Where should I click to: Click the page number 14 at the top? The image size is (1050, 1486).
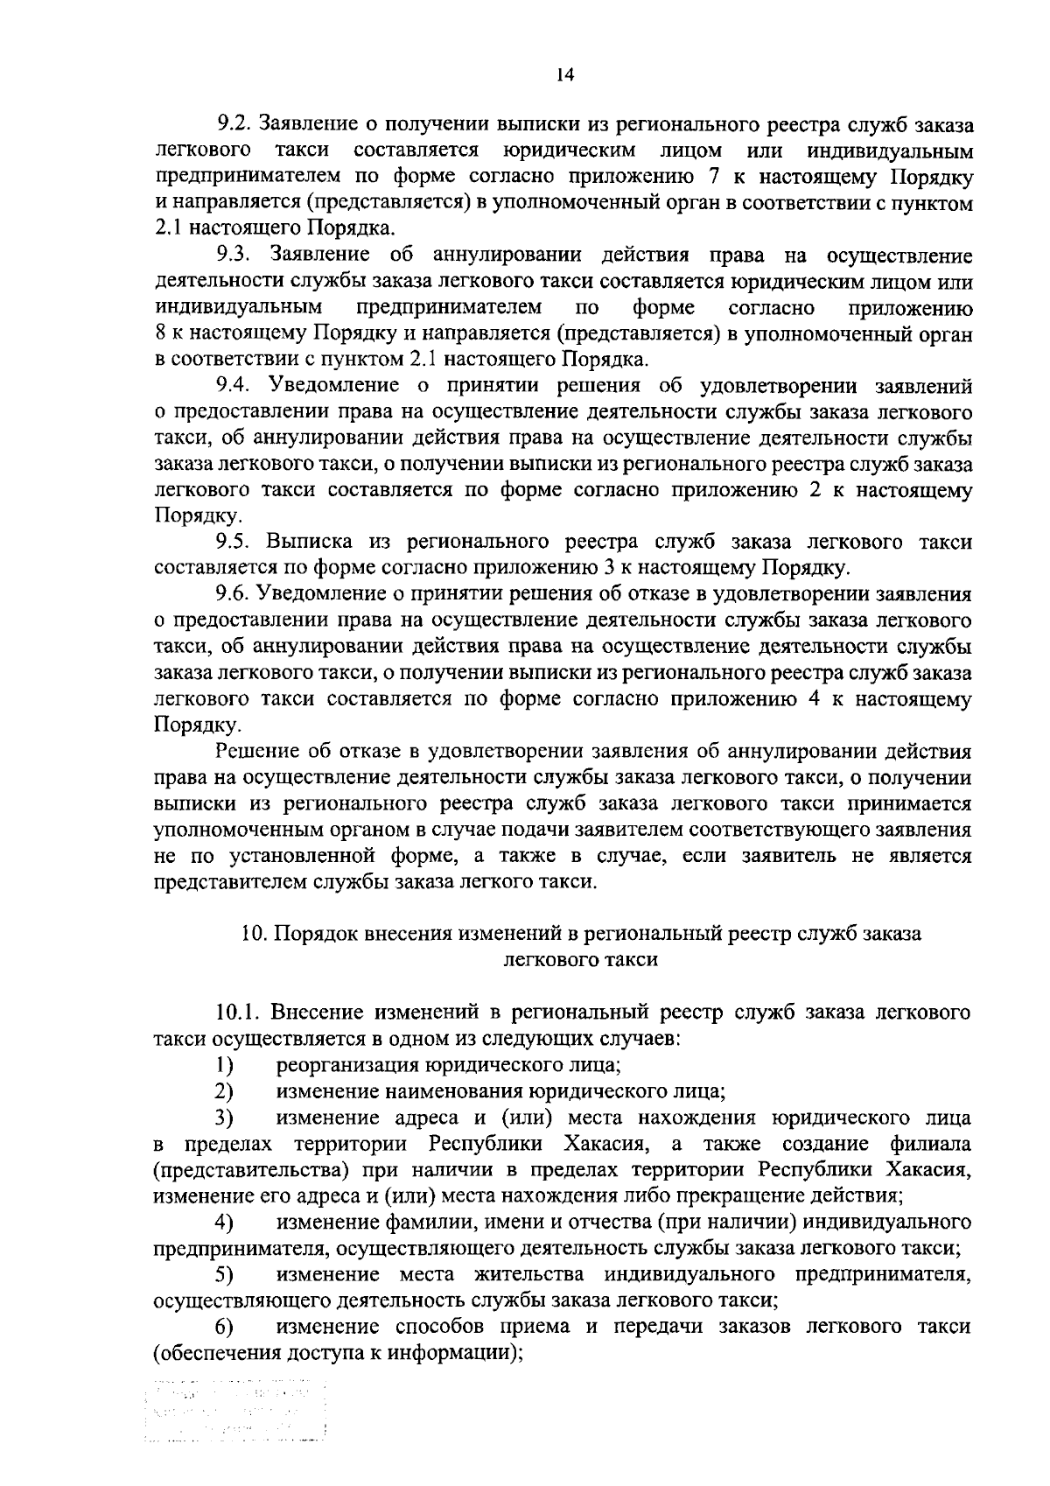tap(564, 76)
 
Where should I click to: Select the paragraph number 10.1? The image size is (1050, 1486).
tap(238, 1013)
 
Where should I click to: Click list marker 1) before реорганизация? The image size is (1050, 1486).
tap(225, 1065)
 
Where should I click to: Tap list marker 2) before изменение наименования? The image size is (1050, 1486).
tap(225, 1091)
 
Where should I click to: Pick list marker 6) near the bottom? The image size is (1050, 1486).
tap(225, 1327)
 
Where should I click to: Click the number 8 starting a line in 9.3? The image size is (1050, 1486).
tap(159, 333)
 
